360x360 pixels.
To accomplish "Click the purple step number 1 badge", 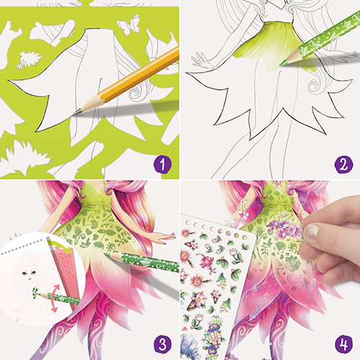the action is (x=163, y=164).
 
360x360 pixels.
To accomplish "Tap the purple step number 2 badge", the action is (x=343, y=164).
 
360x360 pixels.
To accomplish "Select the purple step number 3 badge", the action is (x=163, y=343).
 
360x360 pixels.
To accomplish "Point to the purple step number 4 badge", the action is (x=343, y=343).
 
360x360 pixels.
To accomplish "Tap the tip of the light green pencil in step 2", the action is (x=281, y=65).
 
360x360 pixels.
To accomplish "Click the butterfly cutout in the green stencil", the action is (x=129, y=24).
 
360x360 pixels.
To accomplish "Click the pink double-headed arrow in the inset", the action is (x=55, y=298).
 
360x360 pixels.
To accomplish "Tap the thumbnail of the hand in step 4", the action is (x=311, y=233).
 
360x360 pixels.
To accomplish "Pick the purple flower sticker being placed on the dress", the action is (x=285, y=229).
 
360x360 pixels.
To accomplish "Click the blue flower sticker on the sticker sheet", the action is (x=189, y=346).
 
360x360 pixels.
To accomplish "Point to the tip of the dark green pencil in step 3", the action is (x=106, y=255).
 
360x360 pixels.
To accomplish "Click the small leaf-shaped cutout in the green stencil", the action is (x=30, y=60).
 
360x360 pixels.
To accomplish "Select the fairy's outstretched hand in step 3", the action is (x=166, y=236).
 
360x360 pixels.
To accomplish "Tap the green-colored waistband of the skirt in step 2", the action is (x=279, y=23).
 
